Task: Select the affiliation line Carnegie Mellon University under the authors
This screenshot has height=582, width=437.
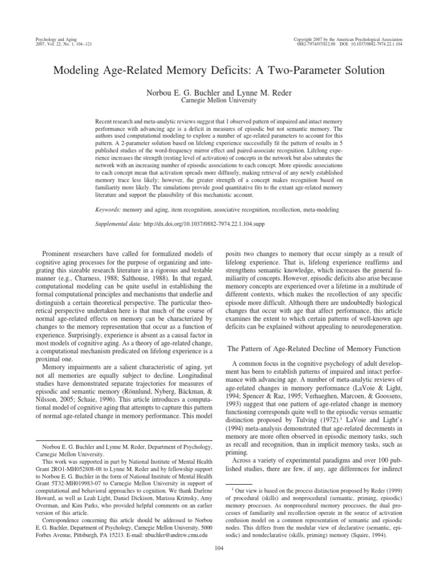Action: pyautogui.click(x=218, y=101)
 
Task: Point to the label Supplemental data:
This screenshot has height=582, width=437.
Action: pyautogui.click(x=121, y=223)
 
